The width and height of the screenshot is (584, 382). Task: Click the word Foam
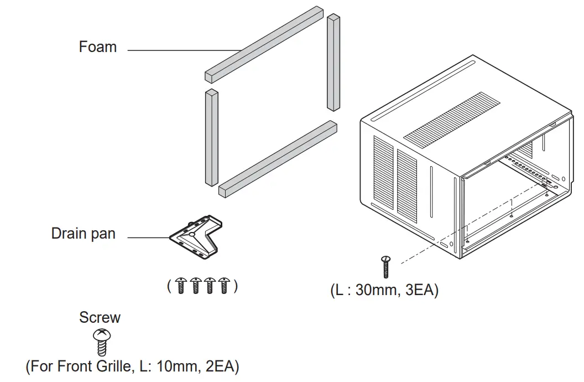98,47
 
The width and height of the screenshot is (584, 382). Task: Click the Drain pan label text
84,234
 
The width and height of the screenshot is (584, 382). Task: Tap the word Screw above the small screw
100,318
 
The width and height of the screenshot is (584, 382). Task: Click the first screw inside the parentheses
182,286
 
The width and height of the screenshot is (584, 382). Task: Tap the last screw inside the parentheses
224,286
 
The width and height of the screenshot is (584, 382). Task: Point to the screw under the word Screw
101,342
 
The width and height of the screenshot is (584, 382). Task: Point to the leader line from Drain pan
148,238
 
